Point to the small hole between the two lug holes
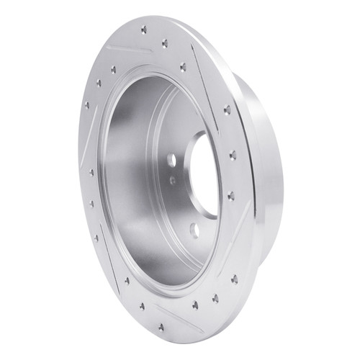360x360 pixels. [x=174, y=181]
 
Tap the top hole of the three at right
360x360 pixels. [x=228, y=110]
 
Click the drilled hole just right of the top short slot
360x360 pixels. [x=166, y=43]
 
